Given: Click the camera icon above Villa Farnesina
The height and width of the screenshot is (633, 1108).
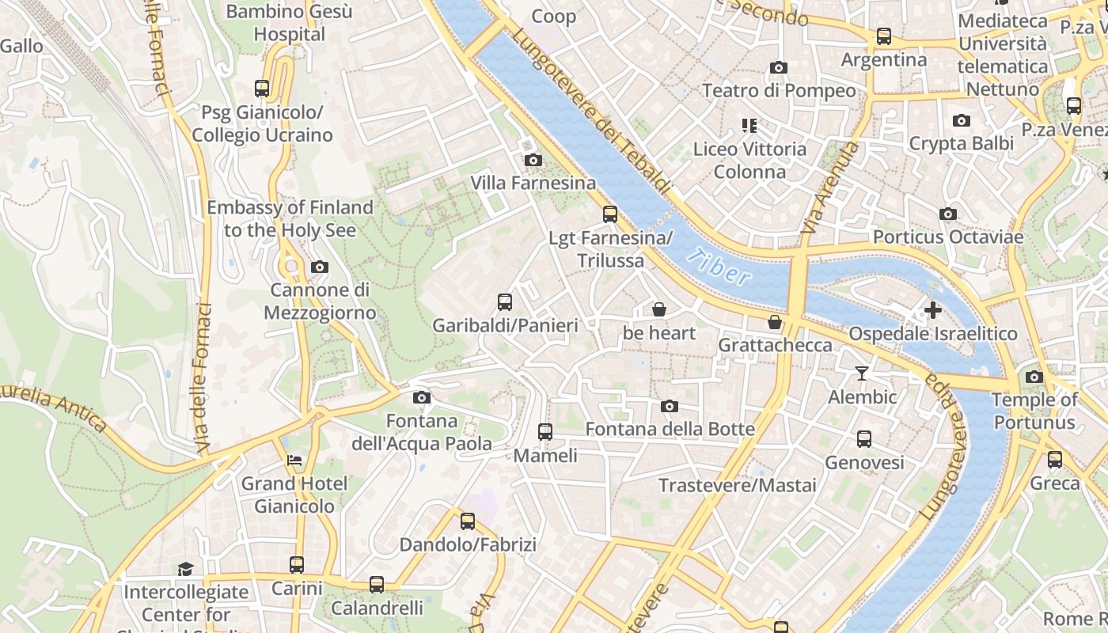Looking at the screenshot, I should click(x=533, y=161).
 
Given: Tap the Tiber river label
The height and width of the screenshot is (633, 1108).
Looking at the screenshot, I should click(x=719, y=267).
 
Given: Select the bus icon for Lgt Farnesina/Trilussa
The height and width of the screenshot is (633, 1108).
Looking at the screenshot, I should click(x=609, y=214).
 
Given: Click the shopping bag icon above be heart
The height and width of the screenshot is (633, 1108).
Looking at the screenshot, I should click(x=658, y=309).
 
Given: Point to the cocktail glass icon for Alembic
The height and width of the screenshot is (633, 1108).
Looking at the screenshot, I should click(x=862, y=373).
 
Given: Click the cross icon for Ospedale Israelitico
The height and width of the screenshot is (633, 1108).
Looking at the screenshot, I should click(x=933, y=310).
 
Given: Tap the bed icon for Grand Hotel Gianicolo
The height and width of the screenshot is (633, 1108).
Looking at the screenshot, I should click(x=294, y=460).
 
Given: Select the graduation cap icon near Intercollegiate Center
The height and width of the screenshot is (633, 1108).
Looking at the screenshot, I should click(x=185, y=568).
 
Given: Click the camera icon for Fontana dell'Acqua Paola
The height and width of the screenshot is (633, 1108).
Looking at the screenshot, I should click(x=422, y=397).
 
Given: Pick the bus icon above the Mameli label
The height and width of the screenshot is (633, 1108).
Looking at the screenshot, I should click(x=545, y=431).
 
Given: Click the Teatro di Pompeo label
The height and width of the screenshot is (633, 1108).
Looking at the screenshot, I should click(x=779, y=91).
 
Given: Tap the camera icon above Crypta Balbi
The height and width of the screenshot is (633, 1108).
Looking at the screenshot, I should click(x=962, y=120).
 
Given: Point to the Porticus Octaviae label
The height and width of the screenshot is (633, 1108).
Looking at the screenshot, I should click(x=947, y=237).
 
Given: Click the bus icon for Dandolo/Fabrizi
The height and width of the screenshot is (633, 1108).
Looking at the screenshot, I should click(x=468, y=521).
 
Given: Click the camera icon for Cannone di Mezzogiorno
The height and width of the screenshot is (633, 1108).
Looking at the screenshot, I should click(x=319, y=267).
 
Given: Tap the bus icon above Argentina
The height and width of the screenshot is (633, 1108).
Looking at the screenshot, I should click(x=883, y=36).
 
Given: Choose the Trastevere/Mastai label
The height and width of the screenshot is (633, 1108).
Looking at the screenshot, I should click(x=737, y=485).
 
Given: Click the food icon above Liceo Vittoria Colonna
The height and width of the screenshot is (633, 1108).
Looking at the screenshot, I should click(x=749, y=125).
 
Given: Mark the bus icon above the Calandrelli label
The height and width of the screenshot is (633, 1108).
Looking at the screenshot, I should click(x=377, y=585).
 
